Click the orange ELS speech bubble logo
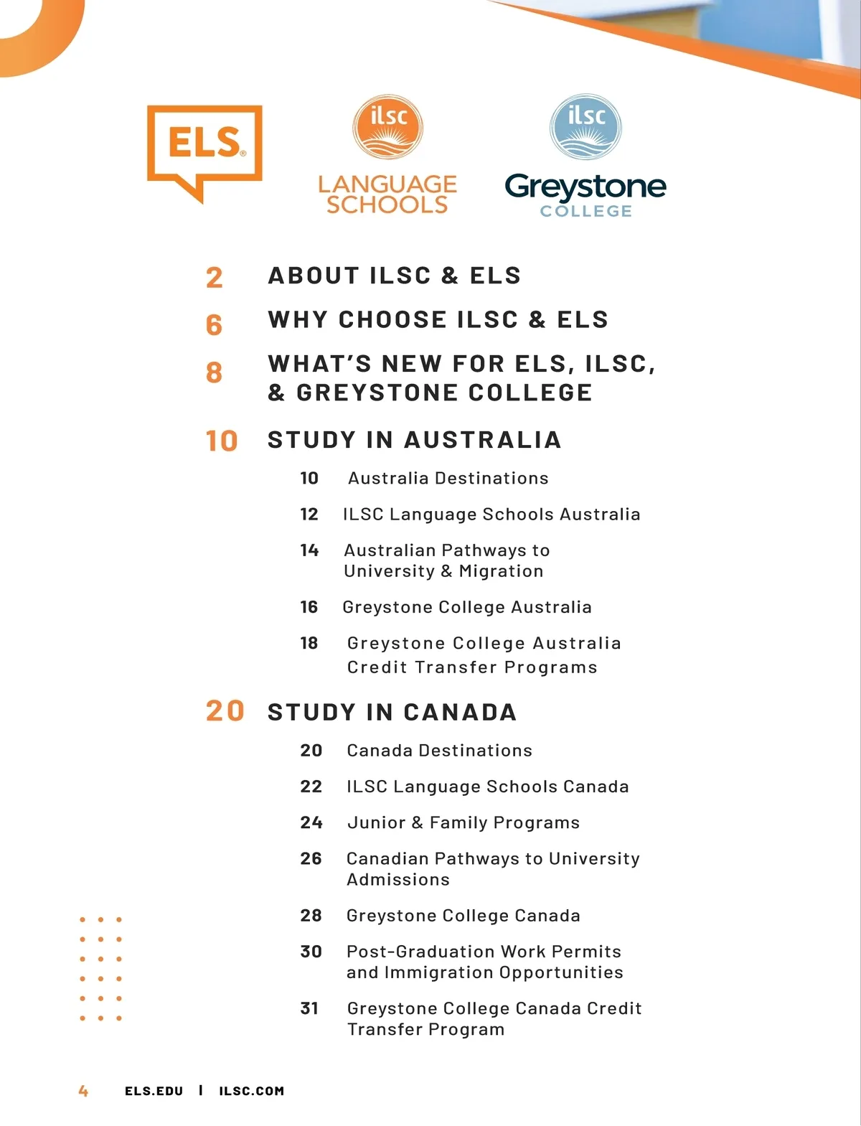click(204, 147)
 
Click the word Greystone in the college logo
click(585, 187)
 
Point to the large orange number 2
click(214, 278)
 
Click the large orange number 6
click(214, 325)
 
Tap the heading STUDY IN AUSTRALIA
click(414, 440)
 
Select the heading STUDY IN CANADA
click(392, 713)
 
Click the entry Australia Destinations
click(448, 479)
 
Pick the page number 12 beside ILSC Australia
click(309, 515)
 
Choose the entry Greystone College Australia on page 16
click(466, 608)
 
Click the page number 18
click(309, 644)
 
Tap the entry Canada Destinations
click(439, 751)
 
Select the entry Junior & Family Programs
click(463, 823)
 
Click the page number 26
click(311, 859)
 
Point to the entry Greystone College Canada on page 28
click(463, 916)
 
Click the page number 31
click(309, 1009)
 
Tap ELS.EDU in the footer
click(154, 1091)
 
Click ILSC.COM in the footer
click(251, 1091)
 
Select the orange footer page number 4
click(83, 1091)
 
